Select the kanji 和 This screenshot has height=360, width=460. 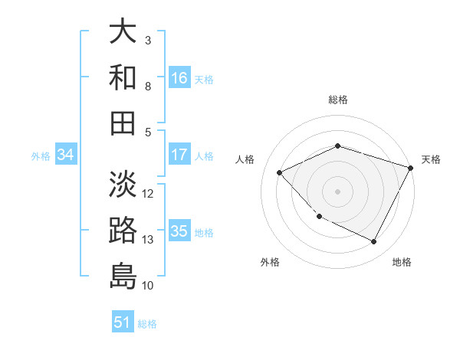(123, 77)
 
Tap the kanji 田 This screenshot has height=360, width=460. (123, 123)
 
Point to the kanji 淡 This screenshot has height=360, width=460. (123, 184)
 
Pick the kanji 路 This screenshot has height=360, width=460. (123, 230)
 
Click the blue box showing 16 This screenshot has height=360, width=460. (179, 78)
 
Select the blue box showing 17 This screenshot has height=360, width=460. (179, 155)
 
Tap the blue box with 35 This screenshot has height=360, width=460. (179, 232)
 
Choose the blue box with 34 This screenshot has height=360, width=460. (66, 155)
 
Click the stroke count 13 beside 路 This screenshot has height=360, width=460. (148, 240)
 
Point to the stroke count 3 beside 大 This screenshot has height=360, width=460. (148, 40)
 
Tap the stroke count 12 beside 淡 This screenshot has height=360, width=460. (148, 193)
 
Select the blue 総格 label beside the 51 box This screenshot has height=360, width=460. (147, 324)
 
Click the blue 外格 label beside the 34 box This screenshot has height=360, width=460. (41, 156)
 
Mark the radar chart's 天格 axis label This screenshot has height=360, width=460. (431, 159)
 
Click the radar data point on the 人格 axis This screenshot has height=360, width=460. (280, 173)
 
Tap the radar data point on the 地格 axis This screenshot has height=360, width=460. (374, 242)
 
